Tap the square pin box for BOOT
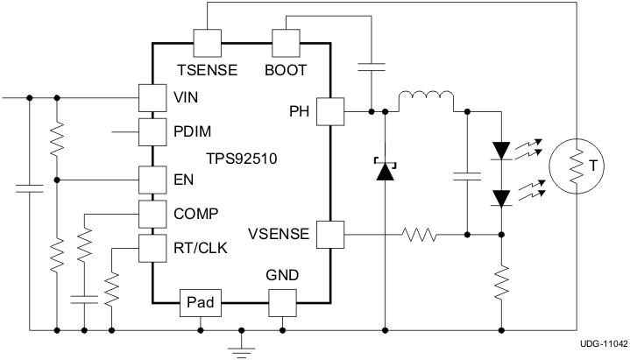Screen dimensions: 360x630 (287, 42)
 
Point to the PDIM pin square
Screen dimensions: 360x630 (152, 132)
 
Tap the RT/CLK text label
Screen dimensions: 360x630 (201, 249)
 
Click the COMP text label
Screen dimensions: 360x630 (196, 213)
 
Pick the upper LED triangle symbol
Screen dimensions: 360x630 (502, 150)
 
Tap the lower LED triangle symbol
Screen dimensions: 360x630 (502, 197)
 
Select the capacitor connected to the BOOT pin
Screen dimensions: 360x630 (372, 67)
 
